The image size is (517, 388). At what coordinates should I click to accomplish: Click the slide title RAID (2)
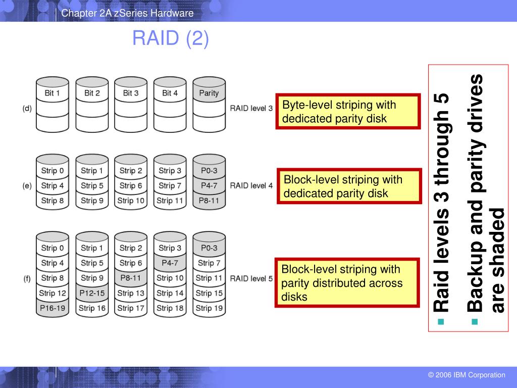[170, 38]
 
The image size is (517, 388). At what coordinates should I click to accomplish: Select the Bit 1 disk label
[53, 93]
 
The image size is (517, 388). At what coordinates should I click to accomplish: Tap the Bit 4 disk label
[170, 93]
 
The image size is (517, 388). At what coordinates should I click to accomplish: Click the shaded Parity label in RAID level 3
[209, 93]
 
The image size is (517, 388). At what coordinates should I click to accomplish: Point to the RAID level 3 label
[251, 108]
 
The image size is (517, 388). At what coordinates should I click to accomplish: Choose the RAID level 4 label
[251, 185]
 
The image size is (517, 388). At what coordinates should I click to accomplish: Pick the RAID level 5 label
[251, 278]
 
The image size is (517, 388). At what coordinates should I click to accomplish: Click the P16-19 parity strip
[53, 308]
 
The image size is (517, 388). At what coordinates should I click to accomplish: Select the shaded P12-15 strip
[92, 293]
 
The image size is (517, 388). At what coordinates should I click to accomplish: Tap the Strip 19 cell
[209, 308]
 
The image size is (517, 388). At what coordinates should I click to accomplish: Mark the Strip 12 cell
[53, 293]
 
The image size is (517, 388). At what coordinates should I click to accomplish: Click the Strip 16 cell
[92, 308]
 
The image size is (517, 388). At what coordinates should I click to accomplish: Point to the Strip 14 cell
[170, 293]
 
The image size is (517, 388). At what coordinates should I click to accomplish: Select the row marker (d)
[27, 108]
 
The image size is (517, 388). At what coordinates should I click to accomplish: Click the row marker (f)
[27, 278]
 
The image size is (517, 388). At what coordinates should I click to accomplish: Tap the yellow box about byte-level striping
[348, 112]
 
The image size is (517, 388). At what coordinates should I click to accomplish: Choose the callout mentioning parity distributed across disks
[348, 283]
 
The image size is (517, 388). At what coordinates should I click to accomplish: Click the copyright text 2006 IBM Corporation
[466, 375]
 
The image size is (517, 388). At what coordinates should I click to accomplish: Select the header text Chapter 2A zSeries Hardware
[127, 13]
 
